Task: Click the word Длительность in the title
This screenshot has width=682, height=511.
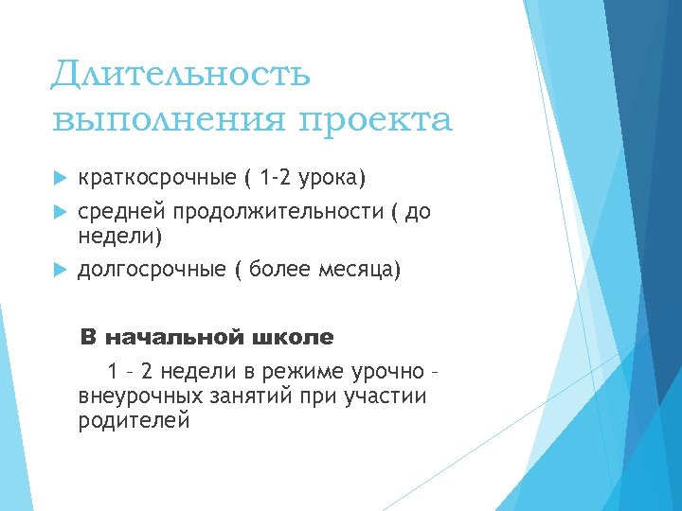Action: [x=181, y=74]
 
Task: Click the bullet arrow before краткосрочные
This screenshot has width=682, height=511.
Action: [x=59, y=179]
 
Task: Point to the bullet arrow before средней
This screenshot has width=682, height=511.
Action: [x=59, y=212]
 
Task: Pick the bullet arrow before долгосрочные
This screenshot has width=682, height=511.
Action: [x=59, y=271]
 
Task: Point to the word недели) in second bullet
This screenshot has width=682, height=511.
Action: [x=120, y=235]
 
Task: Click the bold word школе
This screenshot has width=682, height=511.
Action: [x=294, y=337]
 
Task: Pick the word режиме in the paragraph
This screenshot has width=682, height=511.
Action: [x=302, y=371]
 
